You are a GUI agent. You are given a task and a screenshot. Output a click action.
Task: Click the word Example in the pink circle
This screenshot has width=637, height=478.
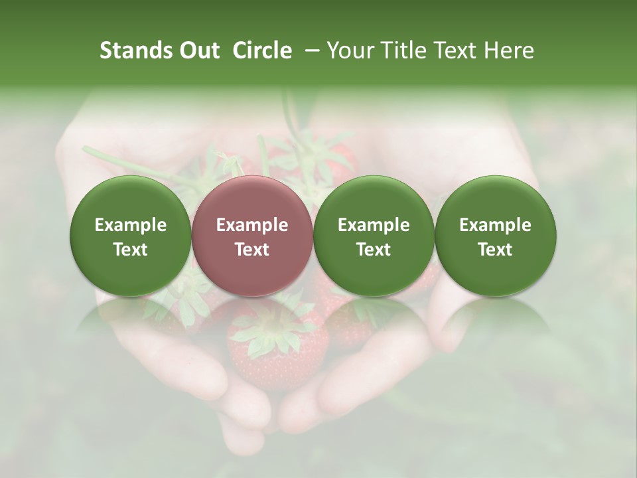252,225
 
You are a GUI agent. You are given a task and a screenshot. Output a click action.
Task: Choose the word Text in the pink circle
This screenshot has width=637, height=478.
252,250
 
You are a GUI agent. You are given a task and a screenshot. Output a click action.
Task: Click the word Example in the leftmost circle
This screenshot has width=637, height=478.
130,225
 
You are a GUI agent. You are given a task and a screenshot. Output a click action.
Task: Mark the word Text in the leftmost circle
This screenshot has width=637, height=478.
130,250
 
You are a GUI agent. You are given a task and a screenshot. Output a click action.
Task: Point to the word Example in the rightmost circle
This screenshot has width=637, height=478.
495,225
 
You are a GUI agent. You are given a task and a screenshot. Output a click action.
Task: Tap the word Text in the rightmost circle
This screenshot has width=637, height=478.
495,250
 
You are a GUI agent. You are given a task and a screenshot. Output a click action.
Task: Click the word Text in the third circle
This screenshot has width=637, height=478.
374,250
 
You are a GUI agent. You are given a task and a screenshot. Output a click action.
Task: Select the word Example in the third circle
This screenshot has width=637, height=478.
374,225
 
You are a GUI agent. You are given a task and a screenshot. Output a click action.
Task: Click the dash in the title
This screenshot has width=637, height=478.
309,50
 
